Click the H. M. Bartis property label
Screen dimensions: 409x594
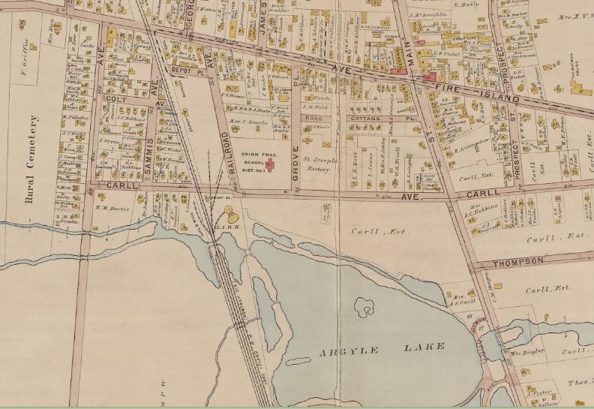pos(113,209)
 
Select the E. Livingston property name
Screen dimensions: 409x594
pos(472,139)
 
